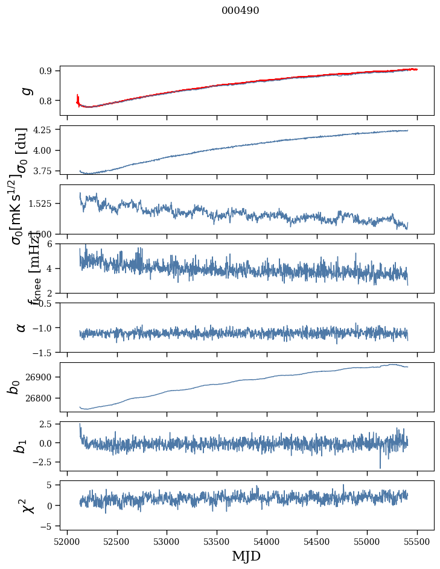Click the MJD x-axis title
pos(246,556)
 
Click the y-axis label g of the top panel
pos(25,90)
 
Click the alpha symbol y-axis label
pos(22,327)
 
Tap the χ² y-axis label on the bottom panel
pos(27,505)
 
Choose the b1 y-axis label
pos(21,446)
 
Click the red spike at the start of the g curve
pos(78,98)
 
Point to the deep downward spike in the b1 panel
pos(380,467)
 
